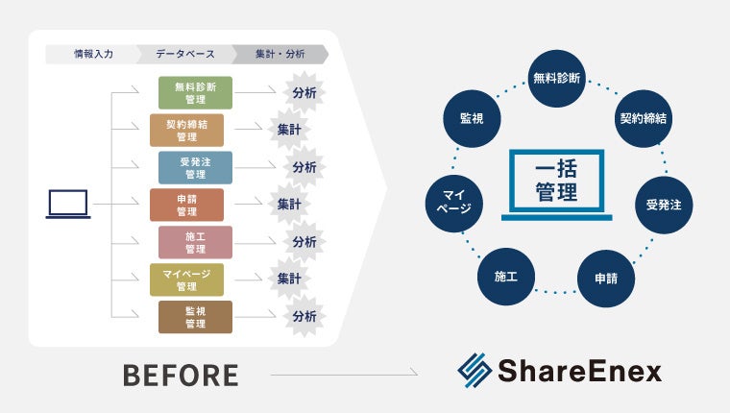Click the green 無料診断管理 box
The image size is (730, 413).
point(195,92)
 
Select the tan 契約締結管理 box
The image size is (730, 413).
point(186,131)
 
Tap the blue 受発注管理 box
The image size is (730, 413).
point(195,168)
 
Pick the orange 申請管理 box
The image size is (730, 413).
point(186,205)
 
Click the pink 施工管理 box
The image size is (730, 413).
point(195,242)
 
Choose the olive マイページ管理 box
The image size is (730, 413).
point(186,279)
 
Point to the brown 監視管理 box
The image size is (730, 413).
point(195,317)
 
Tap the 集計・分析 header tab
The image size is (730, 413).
point(280,54)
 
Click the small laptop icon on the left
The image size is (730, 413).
point(67,204)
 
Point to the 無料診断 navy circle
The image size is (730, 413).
point(557,78)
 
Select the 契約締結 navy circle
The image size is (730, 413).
point(643,119)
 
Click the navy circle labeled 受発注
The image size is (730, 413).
point(664,204)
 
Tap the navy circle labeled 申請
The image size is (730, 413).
point(606,279)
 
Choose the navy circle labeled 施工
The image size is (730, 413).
point(506,277)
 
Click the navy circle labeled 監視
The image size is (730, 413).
point(472,119)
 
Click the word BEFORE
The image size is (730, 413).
point(181,375)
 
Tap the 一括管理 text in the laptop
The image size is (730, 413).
point(557,182)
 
